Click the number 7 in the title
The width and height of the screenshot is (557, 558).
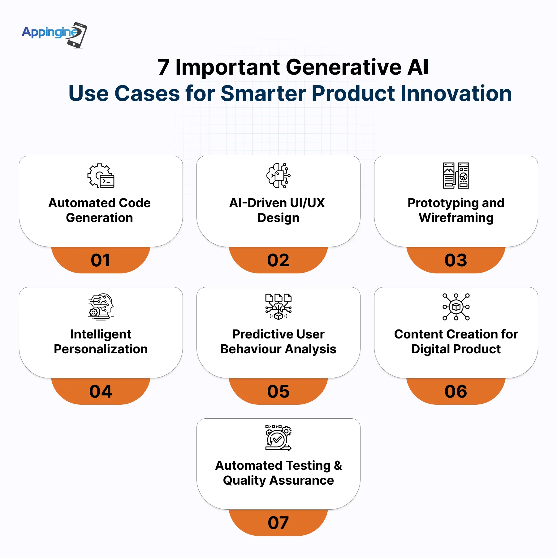pyautogui.click(x=164, y=67)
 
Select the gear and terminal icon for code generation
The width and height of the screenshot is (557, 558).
pyautogui.click(x=101, y=176)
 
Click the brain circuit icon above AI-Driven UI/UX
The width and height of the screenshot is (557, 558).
pyautogui.click(x=278, y=176)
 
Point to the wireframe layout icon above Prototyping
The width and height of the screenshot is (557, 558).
pyautogui.click(x=456, y=176)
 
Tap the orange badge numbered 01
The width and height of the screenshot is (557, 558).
pyautogui.click(x=101, y=260)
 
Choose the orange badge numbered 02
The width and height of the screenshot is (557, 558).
pyautogui.click(x=278, y=260)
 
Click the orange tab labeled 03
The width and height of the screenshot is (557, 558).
pyautogui.click(x=456, y=260)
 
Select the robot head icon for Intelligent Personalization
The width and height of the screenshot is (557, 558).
pyautogui.click(x=101, y=307)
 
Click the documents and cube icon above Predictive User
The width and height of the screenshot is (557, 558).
pyautogui.click(x=278, y=307)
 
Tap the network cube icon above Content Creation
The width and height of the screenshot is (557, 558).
pyautogui.click(x=456, y=307)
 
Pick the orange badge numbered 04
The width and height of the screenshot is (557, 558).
pyautogui.click(x=101, y=391)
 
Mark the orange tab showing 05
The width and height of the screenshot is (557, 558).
pyautogui.click(x=278, y=391)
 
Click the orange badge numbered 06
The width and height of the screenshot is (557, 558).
pyautogui.click(x=456, y=391)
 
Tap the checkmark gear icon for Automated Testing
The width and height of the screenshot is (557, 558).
pyautogui.click(x=278, y=438)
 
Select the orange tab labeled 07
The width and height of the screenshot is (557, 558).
pyautogui.click(x=278, y=523)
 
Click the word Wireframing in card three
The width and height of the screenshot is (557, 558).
pyautogui.click(x=456, y=218)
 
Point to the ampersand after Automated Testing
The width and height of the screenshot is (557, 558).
pyautogui.click(x=338, y=465)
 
